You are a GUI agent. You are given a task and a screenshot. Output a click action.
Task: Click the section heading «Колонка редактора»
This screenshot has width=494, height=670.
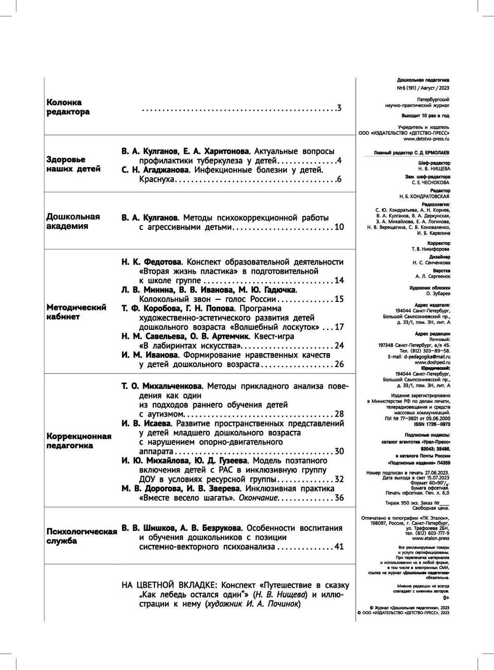(x=68, y=107)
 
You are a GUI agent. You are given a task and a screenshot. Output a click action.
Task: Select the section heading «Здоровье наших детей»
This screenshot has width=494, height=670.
(x=73, y=164)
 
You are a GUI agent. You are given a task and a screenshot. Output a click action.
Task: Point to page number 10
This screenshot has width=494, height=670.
(x=339, y=227)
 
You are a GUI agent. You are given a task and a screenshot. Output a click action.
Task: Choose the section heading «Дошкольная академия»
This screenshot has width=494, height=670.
(x=73, y=221)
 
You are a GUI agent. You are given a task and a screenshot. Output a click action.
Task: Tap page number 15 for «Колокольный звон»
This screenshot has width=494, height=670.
(x=339, y=299)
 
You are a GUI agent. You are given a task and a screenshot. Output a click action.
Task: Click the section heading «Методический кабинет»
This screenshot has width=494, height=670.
(x=77, y=312)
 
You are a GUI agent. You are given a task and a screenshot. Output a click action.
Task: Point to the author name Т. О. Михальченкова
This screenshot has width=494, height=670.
(x=162, y=386)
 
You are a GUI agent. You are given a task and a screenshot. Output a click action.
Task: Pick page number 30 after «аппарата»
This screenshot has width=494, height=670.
(x=339, y=451)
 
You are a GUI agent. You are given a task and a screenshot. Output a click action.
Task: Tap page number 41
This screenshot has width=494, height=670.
(x=339, y=547)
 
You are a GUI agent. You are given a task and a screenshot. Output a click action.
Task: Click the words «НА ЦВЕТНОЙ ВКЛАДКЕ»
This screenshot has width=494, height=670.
(x=168, y=585)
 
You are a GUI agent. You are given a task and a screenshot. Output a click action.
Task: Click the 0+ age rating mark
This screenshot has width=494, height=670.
(x=446, y=597)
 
